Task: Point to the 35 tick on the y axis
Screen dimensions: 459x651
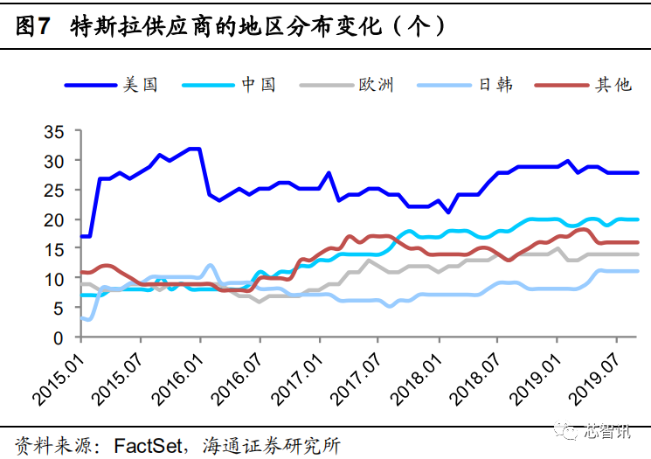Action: [54, 132]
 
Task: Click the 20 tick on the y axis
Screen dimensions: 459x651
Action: [54, 220]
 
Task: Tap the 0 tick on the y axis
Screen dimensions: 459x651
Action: [59, 337]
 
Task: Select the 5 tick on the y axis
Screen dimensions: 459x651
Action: [59, 308]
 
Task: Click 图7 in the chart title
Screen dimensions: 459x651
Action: [31, 27]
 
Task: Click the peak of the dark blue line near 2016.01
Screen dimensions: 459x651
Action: [195, 149]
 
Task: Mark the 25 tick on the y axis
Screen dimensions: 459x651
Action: [54, 191]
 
